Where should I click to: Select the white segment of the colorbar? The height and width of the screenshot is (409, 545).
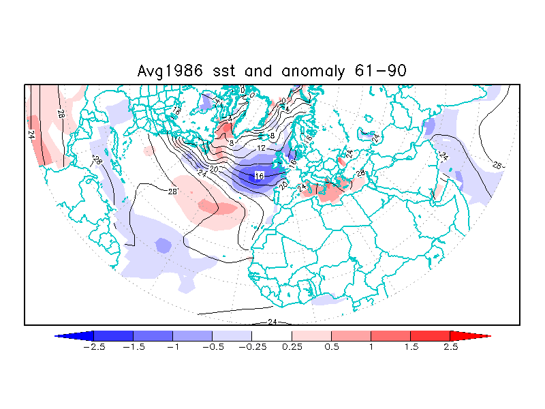272,336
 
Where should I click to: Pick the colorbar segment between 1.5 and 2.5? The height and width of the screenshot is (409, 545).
431,336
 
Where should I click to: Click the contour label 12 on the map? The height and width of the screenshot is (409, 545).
261,148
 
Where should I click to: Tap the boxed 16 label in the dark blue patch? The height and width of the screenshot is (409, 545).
259,176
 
